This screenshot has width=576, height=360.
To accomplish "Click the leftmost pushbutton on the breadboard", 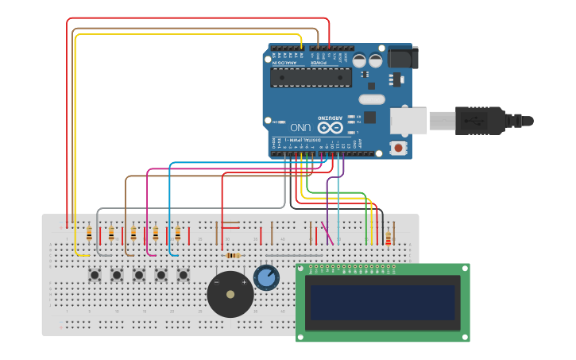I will click(x=95, y=275).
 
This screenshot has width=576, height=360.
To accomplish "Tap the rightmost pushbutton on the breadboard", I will click(x=184, y=275).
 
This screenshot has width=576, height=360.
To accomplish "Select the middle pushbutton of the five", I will click(x=139, y=275).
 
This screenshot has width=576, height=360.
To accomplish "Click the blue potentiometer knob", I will click(x=266, y=277).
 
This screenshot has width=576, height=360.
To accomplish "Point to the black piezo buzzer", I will click(x=230, y=294).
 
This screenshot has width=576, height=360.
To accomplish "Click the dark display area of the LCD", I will click(x=382, y=302).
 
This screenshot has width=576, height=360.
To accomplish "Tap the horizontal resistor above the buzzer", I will click(x=233, y=255).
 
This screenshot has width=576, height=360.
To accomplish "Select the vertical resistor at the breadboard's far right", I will click(x=388, y=238).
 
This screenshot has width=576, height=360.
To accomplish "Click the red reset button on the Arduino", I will click(x=397, y=148).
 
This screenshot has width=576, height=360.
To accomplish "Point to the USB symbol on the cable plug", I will click(x=477, y=121).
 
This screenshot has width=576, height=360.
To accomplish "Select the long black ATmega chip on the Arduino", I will click(x=310, y=77).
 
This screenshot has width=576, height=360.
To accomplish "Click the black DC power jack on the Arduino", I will click(x=402, y=57).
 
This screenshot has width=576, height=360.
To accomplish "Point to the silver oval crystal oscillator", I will click(x=371, y=99).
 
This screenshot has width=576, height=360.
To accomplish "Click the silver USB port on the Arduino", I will click(x=408, y=121).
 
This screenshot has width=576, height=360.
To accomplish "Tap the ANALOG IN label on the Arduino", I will click(x=288, y=61).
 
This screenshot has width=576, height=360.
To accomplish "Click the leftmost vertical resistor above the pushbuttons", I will click(x=88, y=234).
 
